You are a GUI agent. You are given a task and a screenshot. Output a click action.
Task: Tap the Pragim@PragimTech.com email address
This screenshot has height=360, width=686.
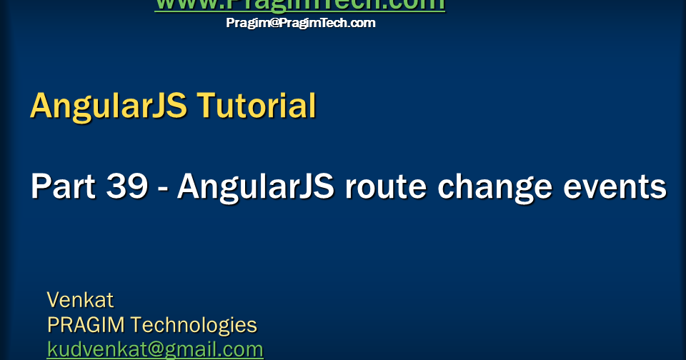tap(300, 23)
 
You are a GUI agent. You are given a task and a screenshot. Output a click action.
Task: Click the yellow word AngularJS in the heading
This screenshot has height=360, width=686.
tap(109, 106)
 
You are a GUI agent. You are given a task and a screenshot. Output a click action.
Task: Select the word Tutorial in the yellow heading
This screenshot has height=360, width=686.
tap(256, 106)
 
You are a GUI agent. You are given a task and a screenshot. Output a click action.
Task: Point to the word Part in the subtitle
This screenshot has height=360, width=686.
tap(62, 187)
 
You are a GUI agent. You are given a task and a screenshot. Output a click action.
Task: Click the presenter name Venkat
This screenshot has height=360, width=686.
tap(80, 300)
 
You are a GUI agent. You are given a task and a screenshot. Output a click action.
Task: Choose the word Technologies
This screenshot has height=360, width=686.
tap(194, 326)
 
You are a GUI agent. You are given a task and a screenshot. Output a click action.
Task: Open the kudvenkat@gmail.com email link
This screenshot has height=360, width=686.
tap(155, 350)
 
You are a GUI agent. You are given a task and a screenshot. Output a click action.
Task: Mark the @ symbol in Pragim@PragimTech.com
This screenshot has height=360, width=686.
tap(269, 23)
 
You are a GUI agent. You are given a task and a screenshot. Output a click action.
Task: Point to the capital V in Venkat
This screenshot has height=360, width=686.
tap(54, 300)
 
